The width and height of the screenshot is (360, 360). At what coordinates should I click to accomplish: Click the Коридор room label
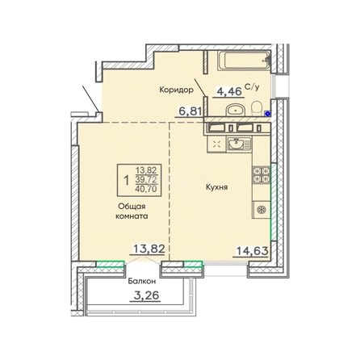click(176, 90)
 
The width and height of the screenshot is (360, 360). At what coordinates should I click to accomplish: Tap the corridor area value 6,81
click(190, 111)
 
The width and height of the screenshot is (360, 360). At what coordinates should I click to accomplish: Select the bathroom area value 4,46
click(228, 91)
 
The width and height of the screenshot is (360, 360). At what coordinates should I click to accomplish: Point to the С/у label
click(252, 87)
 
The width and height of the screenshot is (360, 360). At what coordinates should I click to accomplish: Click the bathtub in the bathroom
click(244, 61)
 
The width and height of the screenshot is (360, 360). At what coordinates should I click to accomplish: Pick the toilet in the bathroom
click(257, 107)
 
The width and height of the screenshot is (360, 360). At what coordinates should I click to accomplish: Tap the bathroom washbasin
click(236, 110)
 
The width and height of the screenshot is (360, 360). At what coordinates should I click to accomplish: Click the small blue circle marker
click(267, 114)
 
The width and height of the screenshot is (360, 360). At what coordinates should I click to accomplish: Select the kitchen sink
click(239, 144)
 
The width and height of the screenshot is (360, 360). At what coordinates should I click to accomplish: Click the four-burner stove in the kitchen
click(261, 175)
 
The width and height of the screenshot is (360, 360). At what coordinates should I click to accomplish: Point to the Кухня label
click(217, 187)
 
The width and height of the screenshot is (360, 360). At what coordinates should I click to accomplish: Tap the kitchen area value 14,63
click(252, 251)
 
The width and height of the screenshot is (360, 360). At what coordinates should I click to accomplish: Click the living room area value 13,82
click(149, 249)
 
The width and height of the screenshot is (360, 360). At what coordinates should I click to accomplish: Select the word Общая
click(132, 207)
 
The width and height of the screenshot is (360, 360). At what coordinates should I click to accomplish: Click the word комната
click(132, 216)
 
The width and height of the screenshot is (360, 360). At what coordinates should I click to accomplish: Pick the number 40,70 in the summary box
click(146, 189)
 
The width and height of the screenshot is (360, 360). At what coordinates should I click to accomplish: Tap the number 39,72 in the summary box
click(146, 180)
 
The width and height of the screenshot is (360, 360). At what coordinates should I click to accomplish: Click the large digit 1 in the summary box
click(126, 180)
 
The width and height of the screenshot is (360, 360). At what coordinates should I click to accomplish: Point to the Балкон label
click(142, 282)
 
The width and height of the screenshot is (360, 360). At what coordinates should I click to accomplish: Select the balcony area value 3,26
click(146, 295)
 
